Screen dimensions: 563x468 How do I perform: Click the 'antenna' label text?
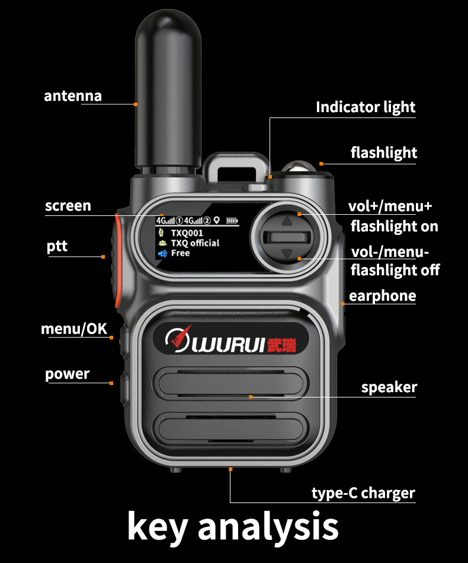pos(73,96)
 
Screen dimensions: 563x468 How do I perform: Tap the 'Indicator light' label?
pos(365,107)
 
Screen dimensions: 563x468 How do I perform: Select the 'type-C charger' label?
pos(363,493)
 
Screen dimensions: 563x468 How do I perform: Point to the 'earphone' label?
pos(382,295)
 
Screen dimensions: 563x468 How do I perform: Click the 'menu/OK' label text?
pos(74,329)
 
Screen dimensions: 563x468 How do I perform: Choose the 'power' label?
pos(67,374)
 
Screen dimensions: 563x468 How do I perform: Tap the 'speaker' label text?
pos(389,387)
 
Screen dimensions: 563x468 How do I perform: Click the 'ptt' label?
pos(57,246)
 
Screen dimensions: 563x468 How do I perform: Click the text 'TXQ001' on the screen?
pos(187,233)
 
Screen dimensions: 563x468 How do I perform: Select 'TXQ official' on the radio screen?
pos(195,243)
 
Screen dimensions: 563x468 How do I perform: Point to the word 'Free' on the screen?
pos(180,253)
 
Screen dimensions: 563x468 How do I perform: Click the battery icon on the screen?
pos(232,221)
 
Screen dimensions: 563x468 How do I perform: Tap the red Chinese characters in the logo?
pos(281,344)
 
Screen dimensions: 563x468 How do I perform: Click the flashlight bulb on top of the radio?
pos(296,167)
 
